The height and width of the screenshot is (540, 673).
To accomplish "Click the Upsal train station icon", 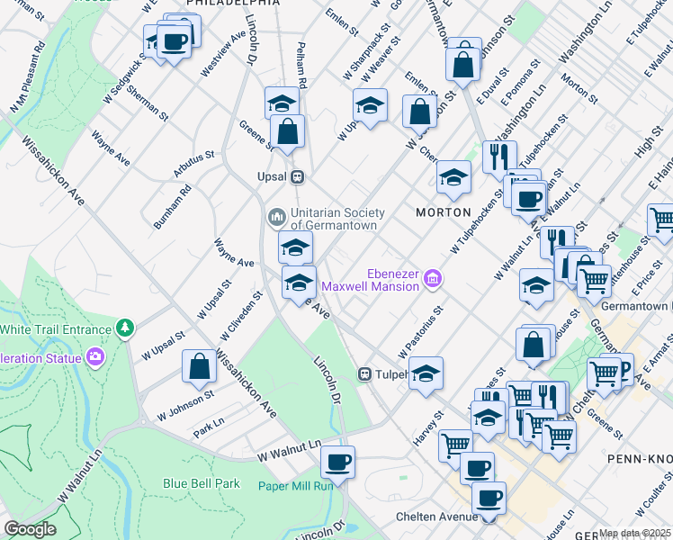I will click(x=296, y=176).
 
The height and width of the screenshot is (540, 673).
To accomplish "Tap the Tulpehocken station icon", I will click(x=366, y=373).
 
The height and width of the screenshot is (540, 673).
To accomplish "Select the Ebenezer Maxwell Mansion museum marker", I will click(x=433, y=280).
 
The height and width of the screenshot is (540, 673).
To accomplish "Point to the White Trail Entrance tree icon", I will click(x=125, y=328).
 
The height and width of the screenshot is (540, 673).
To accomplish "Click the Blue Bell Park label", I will click(x=202, y=483).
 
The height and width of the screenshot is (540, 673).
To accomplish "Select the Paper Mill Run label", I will click(x=296, y=486).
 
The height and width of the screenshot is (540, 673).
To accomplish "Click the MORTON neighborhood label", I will click(x=443, y=211).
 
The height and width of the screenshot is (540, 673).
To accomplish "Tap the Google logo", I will click(x=30, y=530).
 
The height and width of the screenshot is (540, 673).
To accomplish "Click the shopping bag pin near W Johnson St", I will click(x=199, y=366).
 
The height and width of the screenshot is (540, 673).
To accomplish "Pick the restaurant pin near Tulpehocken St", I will click(x=499, y=156).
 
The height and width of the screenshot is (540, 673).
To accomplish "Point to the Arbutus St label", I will click(x=194, y=155).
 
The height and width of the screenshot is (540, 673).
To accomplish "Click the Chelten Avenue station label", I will click(x=435, y=517).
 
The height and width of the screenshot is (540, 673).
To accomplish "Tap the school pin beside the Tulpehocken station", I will click(x=426, y=373).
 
